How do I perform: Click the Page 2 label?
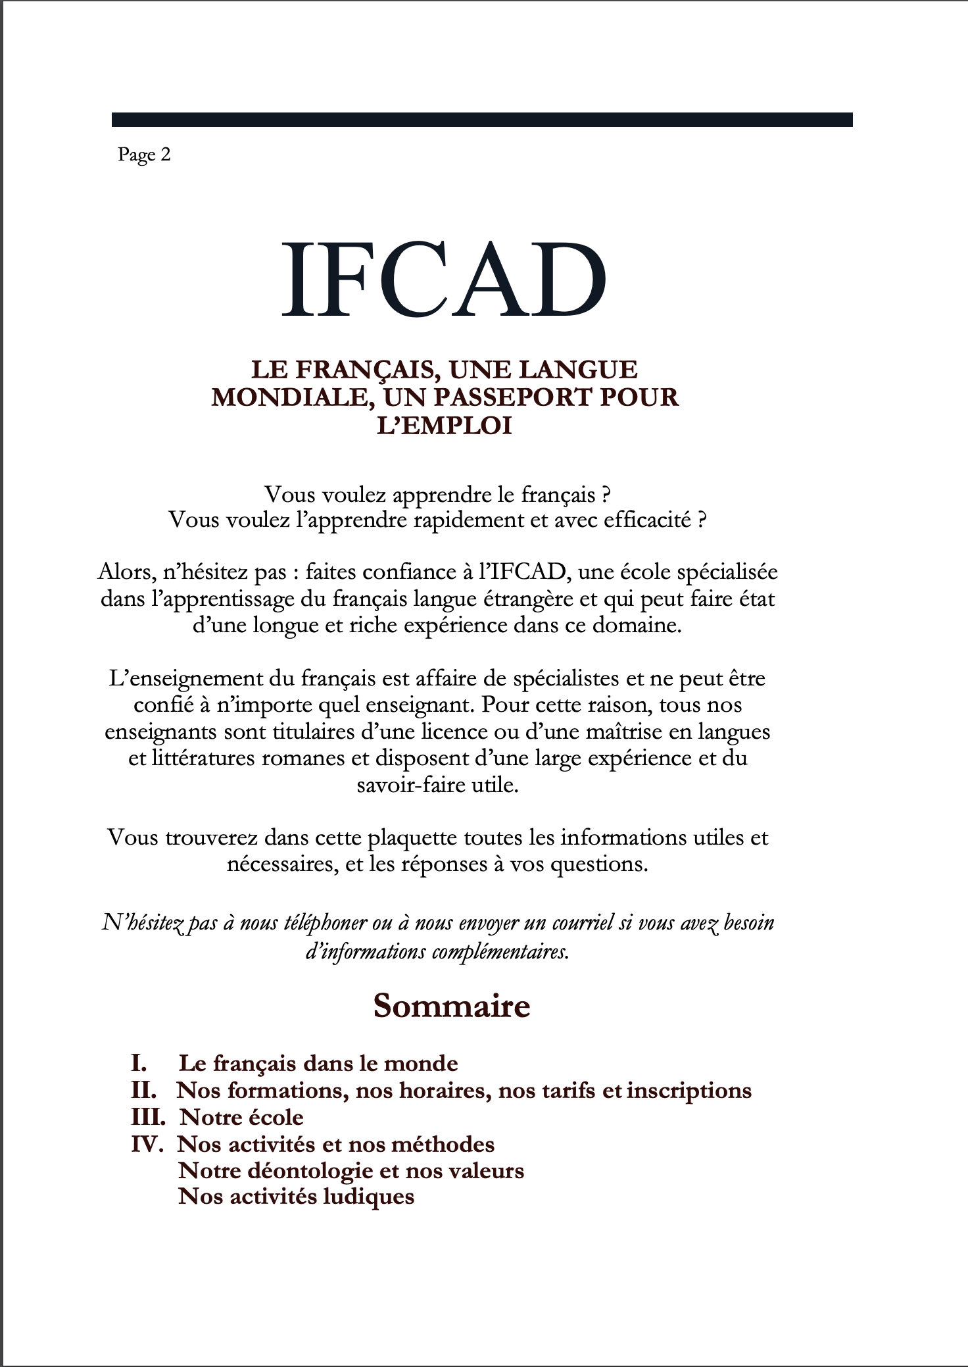pos(144,155)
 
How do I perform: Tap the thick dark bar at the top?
pos(482,120)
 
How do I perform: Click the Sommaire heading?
pos(451,1006)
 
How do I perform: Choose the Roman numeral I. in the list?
pos(138,1063)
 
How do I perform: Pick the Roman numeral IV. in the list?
pos(147,1144)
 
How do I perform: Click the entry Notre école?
pos(241,1117)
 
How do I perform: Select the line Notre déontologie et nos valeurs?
pos(351,1170)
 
